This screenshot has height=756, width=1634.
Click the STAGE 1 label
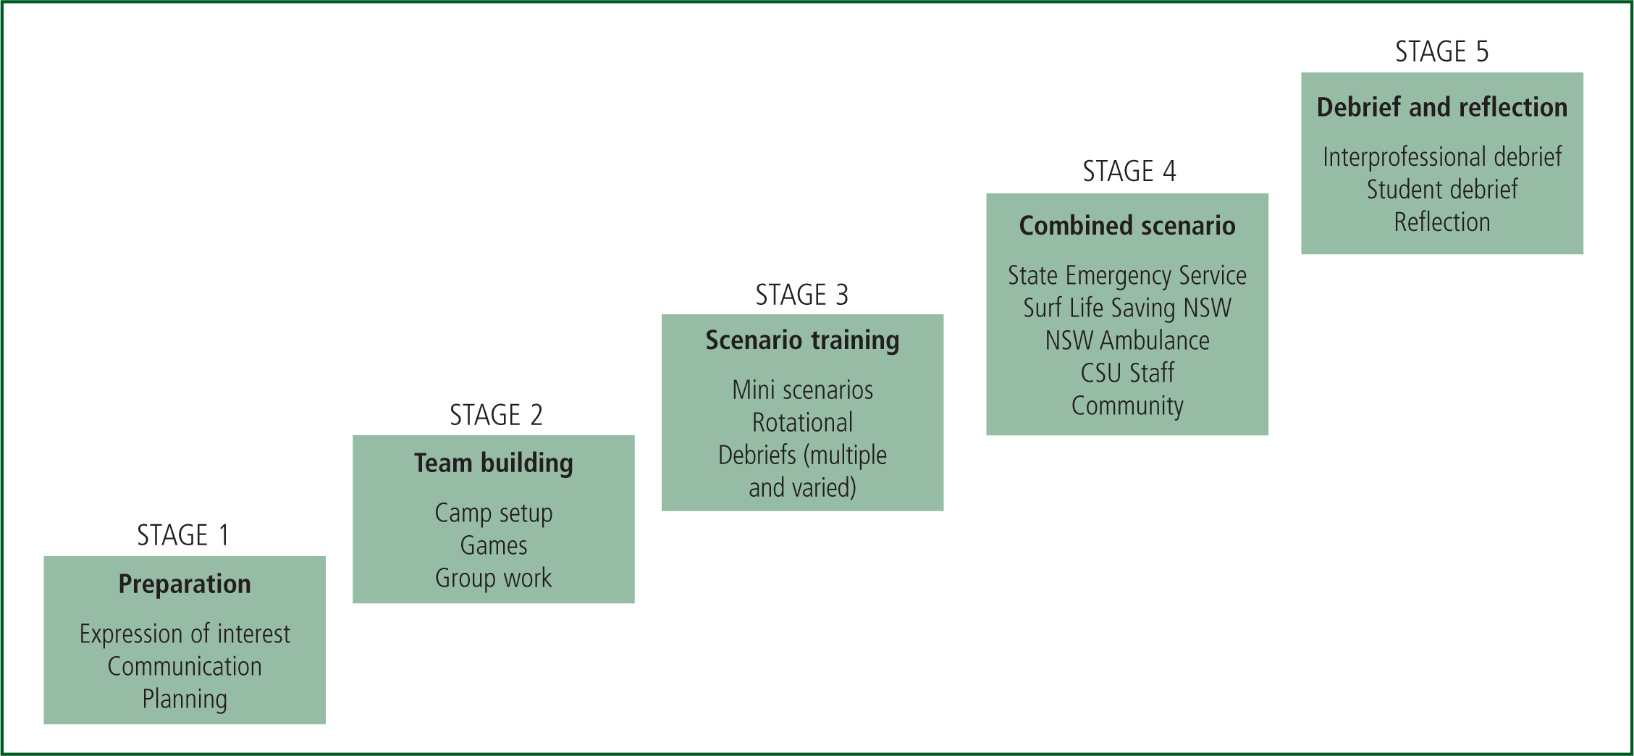tap(183, 535)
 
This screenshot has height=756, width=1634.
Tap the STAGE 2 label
tap(496, 415)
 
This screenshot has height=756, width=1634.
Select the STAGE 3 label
tap(801, 295)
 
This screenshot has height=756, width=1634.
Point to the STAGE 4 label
tap(1129, 171)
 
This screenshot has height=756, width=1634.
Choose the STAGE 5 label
tap(1441, 51)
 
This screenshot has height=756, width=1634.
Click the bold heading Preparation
tap(185, 584)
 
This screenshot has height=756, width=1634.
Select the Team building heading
tap(494, 463)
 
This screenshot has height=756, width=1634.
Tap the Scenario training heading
tap(802, 340)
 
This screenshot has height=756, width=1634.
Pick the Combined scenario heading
tap(1127, 226)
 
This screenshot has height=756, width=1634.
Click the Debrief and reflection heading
tap(1442, 107)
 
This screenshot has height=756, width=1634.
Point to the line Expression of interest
tap(185, 634)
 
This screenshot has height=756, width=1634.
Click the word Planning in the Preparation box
tap(185, 700)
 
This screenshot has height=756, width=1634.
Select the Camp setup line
tap(494, 513)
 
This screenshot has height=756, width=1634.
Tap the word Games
tap(494, 545)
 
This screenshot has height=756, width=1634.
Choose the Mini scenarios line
tap(802, 390)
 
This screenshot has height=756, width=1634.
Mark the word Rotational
tap(802, 422)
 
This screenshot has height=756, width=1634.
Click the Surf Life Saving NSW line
tap(1127, 308)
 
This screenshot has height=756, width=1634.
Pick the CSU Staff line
tap(1127, 373)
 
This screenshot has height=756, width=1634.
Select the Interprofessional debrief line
tap(1442, 157)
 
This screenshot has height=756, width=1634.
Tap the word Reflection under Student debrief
tap(1442, 222)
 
